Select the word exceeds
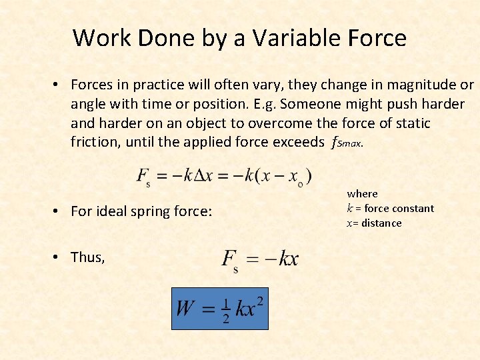pos(296,142)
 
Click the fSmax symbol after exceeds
pos(347,143)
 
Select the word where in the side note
pos(362,193)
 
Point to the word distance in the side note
pos(382,223)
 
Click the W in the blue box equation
pos(185,309)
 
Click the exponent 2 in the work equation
pos(259,301)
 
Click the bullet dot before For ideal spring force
pos(58,211)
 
